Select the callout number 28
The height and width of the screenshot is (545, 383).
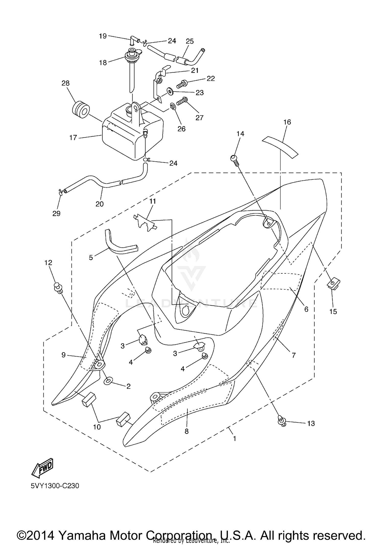(65, 83)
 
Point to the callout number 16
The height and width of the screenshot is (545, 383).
(287, 122)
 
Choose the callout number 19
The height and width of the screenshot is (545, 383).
(103, 36)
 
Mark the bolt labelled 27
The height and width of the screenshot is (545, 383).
(183, 101)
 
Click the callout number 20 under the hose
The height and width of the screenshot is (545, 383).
(100, 204)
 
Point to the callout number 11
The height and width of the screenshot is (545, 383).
(152, 201)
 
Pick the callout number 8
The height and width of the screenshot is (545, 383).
(186, 431)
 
